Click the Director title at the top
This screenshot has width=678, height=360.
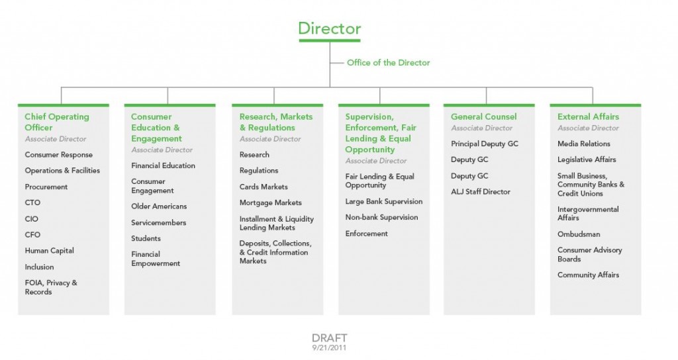(x=330, y=28)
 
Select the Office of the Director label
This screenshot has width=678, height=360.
(x=388, y=63)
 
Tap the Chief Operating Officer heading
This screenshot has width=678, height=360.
(x=57, y=122)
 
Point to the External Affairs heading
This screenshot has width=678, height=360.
(x=588, y=116)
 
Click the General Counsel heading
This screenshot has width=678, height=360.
(x=483, y=116)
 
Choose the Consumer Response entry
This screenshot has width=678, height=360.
(x=58, y=155)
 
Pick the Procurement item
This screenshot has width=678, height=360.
(x=46, y=187)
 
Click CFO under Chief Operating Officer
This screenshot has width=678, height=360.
(x=32, y=235)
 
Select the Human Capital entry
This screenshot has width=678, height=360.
(x=49, y=251)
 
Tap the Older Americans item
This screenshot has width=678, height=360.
(x=159, y=206)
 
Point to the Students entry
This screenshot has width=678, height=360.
(x=146, y=238)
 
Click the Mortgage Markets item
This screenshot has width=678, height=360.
(x=270, y=202)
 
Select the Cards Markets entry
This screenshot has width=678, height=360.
(x=264, y=187)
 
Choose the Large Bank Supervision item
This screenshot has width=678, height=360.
(x=383, y=201)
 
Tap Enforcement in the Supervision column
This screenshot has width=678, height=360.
(x=366, y=234)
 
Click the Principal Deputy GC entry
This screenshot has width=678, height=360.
(x=484, y=144)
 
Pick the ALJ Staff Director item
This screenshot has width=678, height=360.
(x=481, y=192)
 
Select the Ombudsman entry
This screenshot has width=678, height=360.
(x=579, y=234)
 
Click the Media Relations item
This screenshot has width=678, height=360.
(x=583, y=144)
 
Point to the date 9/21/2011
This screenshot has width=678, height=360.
(x=329, y=347)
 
